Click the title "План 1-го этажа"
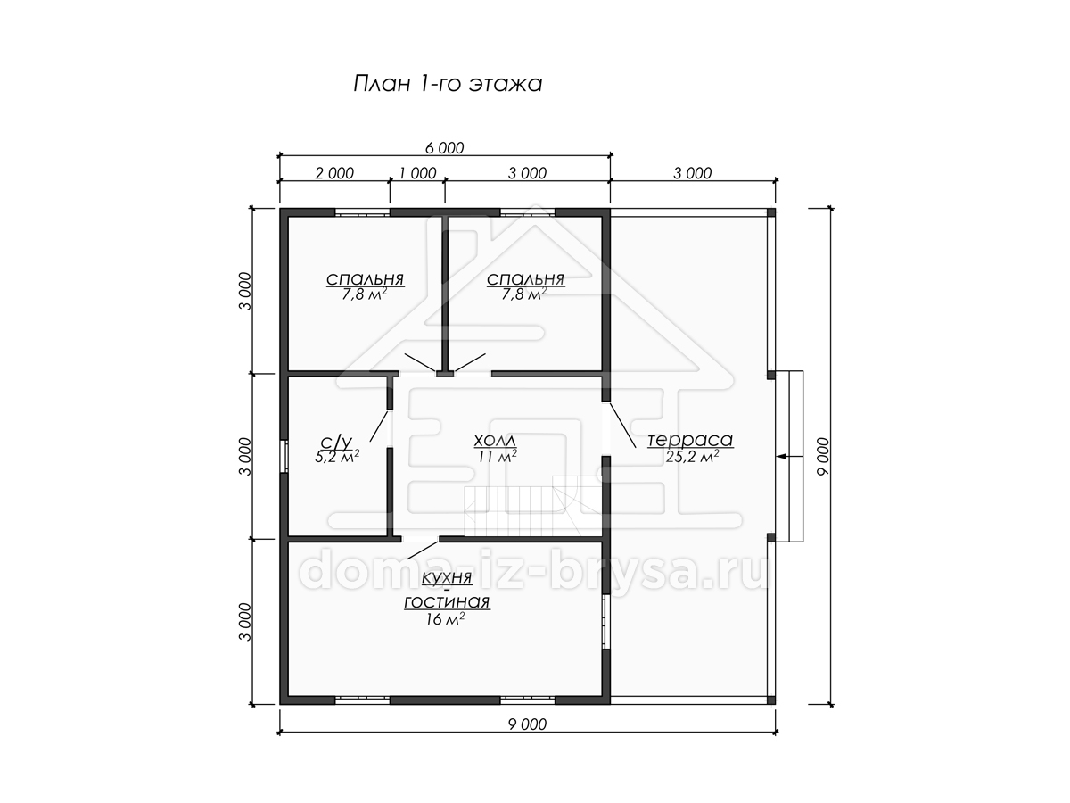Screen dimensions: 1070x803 (448, 84)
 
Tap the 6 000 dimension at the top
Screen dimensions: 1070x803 (445, 148)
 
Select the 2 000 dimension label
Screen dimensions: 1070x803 (334, 173)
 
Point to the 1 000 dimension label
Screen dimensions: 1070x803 (418, 173)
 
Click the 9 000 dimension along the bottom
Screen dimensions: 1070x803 (528, 724)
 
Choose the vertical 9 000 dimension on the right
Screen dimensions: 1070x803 (822, 456)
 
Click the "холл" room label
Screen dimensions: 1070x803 (495, 441)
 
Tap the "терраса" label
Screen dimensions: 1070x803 (690, 440)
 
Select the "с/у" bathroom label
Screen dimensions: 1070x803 (336, 442)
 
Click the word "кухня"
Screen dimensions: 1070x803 (447, 578)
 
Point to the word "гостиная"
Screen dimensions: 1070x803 (447, 602)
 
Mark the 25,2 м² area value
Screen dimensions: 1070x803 (692, 456)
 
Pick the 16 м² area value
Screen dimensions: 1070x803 (445, 618)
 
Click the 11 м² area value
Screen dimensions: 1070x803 (498, 456)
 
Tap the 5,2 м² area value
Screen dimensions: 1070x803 (337, 456)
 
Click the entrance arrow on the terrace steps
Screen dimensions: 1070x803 (790, 457)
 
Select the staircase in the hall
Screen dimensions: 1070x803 (532, 506)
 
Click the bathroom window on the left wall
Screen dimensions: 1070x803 (284, 456)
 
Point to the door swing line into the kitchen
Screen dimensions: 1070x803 (423, 550)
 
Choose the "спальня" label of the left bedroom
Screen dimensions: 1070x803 (365, 279)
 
